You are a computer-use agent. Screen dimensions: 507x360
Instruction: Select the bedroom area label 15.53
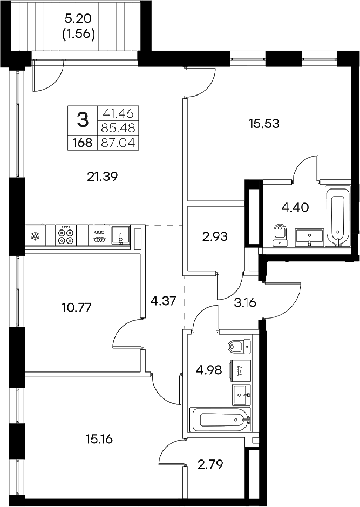264,124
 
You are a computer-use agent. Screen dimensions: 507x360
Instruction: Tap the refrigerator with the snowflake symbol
36,236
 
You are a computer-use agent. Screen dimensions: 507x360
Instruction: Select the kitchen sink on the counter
121,236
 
